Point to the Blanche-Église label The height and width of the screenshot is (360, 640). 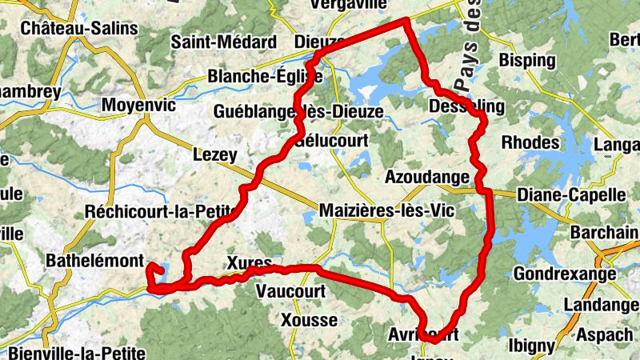[265, 77]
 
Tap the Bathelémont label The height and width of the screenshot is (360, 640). [94, 261]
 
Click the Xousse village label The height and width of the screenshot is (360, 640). [309, 321]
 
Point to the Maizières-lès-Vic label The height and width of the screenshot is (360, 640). [385, 211]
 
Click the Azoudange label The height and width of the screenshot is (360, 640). [422, 176]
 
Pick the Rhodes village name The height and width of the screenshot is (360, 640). [530, 142]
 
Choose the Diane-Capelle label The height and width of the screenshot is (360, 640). [570, 194]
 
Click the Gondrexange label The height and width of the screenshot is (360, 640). [565, 274]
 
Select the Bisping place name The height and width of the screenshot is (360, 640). [526, 60]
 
